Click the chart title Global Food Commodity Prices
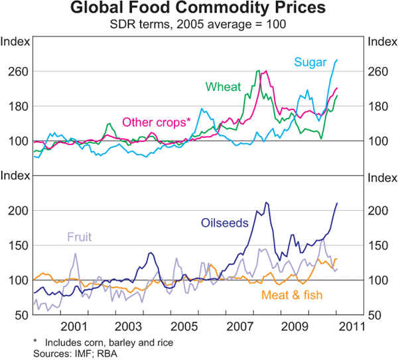point(199,9)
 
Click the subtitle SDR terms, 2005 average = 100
point(199,25)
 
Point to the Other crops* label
point(156,123)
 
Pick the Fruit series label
point(78,237)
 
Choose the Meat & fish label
point(290,294)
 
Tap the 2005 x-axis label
point(184,326)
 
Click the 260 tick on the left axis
point(16,72)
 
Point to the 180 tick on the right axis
point(382,106)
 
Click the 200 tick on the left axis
point(16,211)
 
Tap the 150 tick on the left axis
point(16,246)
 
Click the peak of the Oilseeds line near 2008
point(266,203)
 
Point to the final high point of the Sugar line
point(337,60)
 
